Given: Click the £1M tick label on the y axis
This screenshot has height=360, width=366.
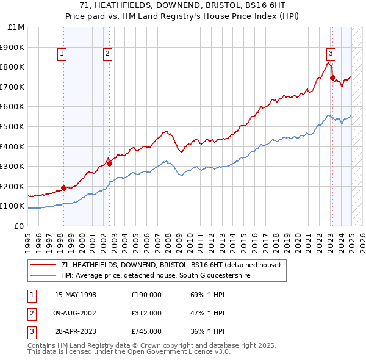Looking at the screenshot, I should point(16,27).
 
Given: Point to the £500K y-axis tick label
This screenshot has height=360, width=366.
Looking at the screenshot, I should point(13,126).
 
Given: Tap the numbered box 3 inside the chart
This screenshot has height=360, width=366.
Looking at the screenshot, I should point(331,52).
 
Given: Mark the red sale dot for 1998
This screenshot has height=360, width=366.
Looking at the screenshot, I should point(64,188).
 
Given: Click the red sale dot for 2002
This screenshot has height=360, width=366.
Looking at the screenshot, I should point(109,164).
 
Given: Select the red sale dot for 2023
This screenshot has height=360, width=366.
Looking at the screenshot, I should point(332,77).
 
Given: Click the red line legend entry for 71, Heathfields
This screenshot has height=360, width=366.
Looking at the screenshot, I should point(170,265).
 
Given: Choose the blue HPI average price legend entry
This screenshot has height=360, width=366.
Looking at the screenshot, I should point(155,275).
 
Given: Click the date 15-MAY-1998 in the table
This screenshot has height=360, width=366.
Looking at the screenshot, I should point(76,295).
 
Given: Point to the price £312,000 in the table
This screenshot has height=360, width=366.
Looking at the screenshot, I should point(146,313).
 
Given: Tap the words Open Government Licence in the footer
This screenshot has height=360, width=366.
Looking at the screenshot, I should point(180,352).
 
